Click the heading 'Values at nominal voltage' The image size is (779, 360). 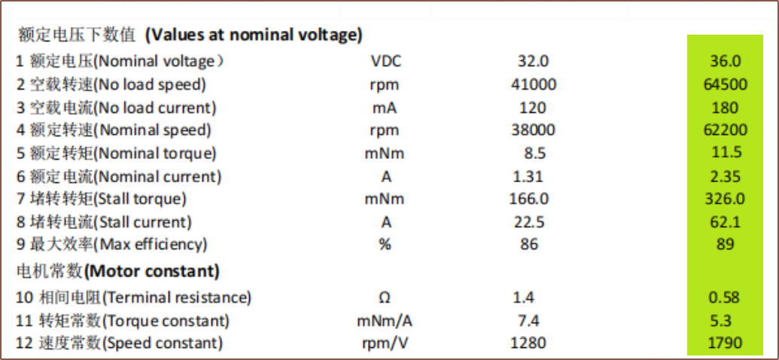pos(254,36)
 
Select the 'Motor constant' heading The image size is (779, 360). pos(152,271)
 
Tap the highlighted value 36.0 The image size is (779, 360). pos(726,61)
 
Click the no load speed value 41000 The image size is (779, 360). pos(534,84)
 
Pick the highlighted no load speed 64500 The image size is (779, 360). pos(726,84)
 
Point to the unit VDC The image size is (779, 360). pos(386,61)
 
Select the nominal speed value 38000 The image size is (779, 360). pos(534,130)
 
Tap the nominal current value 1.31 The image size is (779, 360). pos(528,176)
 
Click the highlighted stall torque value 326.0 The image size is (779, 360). pos(726,199)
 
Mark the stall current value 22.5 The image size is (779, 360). pos(528,221)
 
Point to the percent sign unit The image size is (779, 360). pos(385,245)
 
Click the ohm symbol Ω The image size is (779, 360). pos(385,297)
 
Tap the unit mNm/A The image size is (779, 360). pos(385,322)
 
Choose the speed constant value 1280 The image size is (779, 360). pos(528,343)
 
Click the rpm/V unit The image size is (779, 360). pos(385,343)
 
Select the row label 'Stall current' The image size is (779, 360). pos(142,222)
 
